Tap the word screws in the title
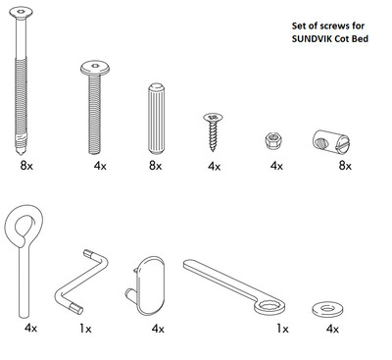point(327,26)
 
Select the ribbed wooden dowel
point(154,118)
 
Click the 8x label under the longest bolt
point(26,167)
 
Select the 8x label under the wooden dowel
point(154,167)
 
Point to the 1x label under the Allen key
point(85,328)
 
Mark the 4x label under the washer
point(334,328)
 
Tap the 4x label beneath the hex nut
point(276,167)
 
